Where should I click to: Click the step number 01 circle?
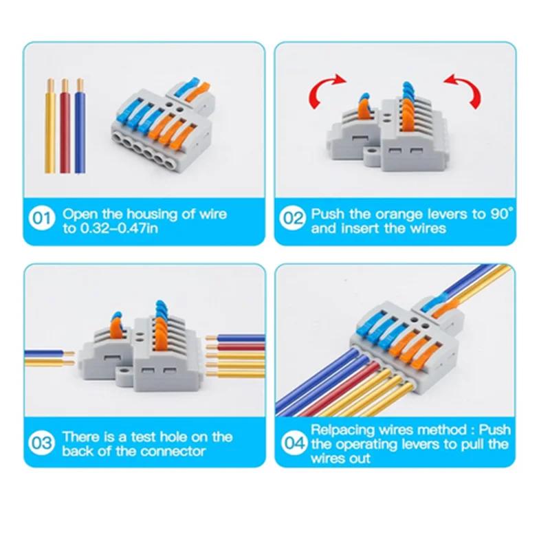(x=42, y=220)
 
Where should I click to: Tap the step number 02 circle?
(x=294, y=220)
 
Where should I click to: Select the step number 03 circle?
(x=42, y=443)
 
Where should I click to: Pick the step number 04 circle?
(x=294, y=443)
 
